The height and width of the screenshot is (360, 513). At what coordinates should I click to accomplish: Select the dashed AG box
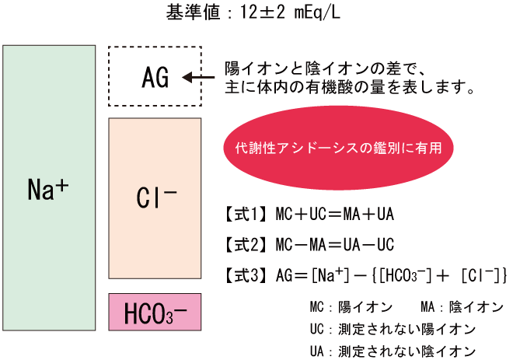pyautogui.click(x=155, y=75)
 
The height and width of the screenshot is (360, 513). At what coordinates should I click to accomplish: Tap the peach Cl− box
pyautogui.click(x=155, y=199)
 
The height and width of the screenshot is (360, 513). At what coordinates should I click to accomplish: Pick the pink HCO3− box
pyautogui.click(x=155, y=312)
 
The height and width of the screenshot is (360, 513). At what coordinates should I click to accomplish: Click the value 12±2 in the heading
pyautogui.click(x=256, y=14)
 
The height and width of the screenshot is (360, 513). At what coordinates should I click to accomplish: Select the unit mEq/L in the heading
pyautogui.click(x=319, y=14)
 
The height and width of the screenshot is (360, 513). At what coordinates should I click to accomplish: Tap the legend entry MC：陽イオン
pyautogui.click(x=344, y=307)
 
